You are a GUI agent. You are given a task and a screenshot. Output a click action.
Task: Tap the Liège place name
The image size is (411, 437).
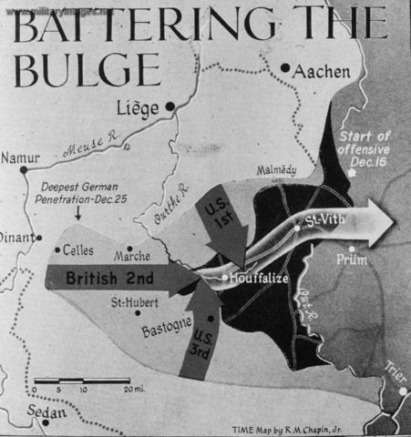[138, 107]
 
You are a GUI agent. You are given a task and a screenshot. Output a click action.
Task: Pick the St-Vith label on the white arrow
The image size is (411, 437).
[326, 221]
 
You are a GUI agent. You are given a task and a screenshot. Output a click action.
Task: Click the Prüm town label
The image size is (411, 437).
[361, 259]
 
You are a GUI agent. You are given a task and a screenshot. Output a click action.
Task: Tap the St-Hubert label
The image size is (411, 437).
[130, 303]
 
